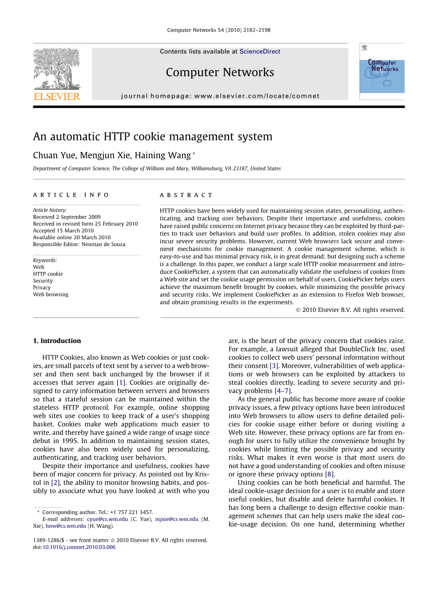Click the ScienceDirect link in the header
tap(260, 51)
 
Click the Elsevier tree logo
tap(57, 69)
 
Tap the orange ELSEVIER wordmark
tap(57, 97)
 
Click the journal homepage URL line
tap(220, 96)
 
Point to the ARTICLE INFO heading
tap(71, 195)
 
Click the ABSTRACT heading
tap(186, 195)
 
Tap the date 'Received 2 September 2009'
tap(67, 217)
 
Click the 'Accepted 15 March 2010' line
tap(63, 231)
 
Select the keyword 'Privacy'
tap(42, 288)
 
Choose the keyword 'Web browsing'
tap(51, 295)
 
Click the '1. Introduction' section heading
tap(57, 341)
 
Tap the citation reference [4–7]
tap(283, 391)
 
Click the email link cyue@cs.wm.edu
tap(107, 519)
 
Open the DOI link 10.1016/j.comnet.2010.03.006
tap(79, 547)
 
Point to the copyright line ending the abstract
tap(350, 310)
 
